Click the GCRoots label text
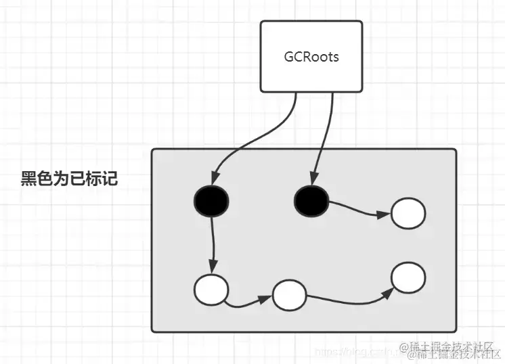pos(311,57)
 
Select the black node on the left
pos(211,200)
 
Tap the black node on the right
pos(311,200)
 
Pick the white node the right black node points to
pos(408,214)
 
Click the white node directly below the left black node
pos(211,290)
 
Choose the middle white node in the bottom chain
pos(290,296)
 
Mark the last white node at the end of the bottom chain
pos(408,277)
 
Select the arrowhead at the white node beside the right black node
pos(384,215)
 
